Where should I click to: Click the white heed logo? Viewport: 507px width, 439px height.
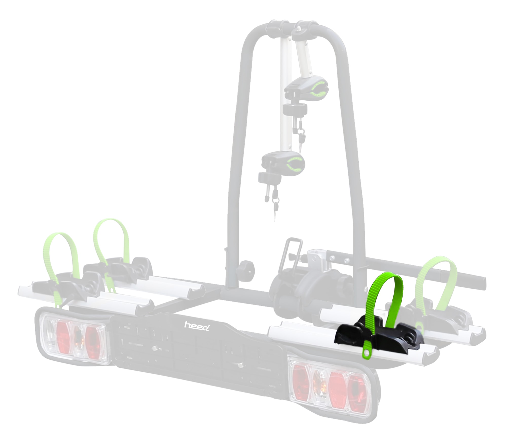click(196, 326)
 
